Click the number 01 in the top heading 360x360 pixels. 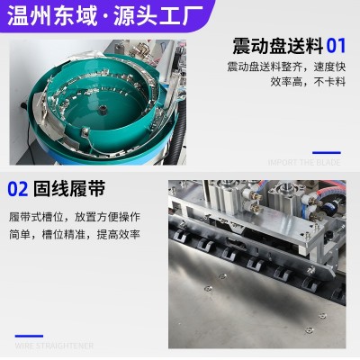click(336, 46)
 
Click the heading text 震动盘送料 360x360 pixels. click(277, 46)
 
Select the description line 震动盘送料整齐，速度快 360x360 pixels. click(285, 67)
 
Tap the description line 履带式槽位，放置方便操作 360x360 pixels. click(74, 218)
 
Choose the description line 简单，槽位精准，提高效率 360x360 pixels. click(74, 233)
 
